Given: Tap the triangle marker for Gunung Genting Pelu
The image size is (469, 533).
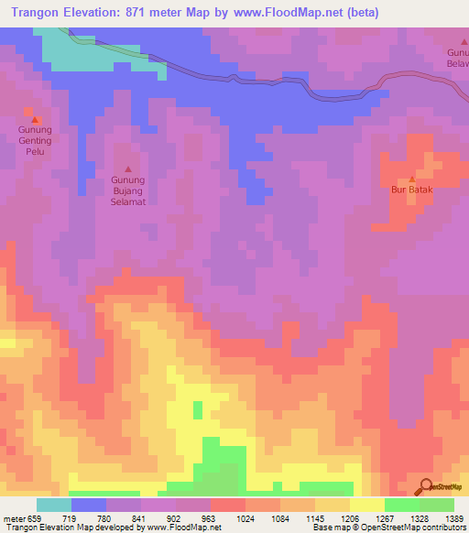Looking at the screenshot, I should [36, 119].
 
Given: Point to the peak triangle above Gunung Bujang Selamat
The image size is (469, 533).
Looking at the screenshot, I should [127, 169].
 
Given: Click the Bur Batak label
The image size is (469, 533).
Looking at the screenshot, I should [411, 190].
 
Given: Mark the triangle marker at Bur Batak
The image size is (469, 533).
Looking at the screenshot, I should [411, 179].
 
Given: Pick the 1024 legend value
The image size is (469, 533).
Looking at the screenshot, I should [244, 518].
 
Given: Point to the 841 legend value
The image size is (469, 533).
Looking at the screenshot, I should [140, 518].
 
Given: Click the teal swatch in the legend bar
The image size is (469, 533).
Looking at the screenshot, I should [53, 505].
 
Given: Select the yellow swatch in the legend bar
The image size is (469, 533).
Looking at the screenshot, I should [366, 505].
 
